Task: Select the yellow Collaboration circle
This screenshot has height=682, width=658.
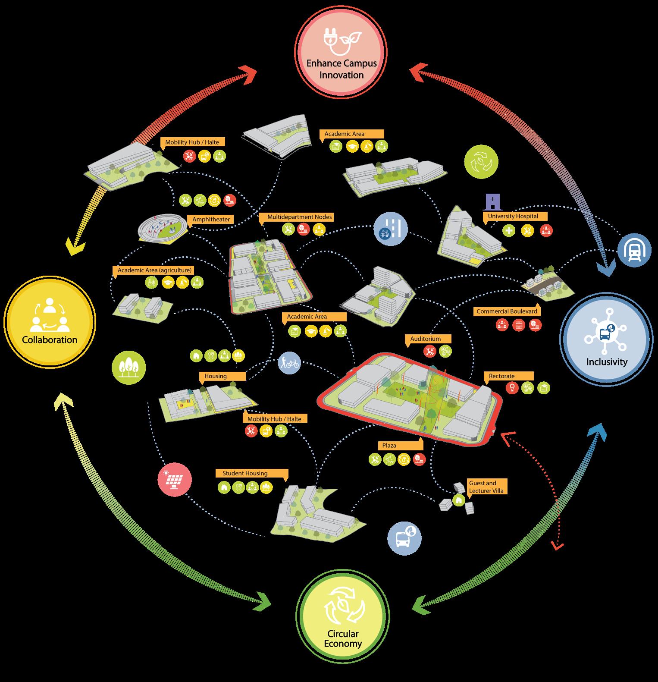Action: coord(50,322)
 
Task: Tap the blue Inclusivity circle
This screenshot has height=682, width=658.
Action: coord(606,339)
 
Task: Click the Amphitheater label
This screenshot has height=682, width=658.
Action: coord(211,220)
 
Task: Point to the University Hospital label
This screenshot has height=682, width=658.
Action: coord(513,216)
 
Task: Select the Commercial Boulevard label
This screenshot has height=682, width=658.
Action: coord(507,311)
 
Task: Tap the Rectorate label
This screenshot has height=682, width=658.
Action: coord(501,376)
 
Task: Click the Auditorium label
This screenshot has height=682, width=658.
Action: coord(426,339)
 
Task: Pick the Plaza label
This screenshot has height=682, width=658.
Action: coord(389,445)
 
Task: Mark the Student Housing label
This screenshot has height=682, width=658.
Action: coord(245,473)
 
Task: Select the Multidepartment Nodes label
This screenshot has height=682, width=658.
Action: coord(300,217)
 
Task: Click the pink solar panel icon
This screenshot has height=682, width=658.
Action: coord(174,479)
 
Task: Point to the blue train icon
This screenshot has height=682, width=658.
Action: coord(634,251)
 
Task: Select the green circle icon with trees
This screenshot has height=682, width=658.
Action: coord(128,368)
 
